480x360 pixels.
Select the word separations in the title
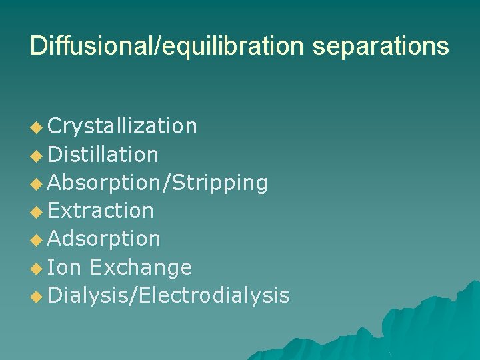[379, 46]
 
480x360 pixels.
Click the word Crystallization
[123, 126]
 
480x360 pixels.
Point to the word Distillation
[103, 155]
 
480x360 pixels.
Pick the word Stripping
[221, 183]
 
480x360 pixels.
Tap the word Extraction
[101, 211]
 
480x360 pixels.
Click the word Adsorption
[104, 239]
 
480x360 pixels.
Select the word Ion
[65, 267]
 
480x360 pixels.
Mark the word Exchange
[141, 267]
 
